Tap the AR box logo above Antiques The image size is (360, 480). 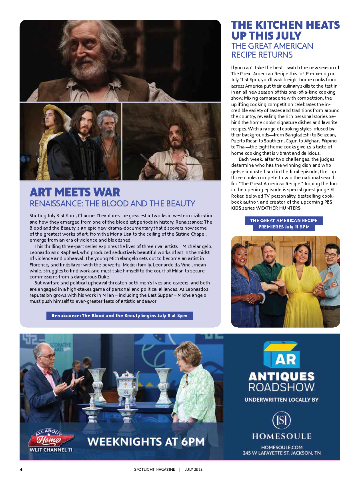coord(281,355)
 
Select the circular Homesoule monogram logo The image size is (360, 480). coord(281,421)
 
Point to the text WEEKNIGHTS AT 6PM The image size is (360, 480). coord(146,442)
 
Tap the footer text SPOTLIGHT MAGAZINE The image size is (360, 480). coord(154,469)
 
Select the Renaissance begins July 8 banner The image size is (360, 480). coord(120,316)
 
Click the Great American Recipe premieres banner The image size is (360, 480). coord(284,224)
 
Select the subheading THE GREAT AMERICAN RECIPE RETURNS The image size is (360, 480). coord(272,50)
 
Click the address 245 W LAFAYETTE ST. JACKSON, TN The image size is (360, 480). coord(281,453)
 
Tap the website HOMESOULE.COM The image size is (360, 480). coord(281,447)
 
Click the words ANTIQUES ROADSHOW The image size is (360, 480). coord(281,382)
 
